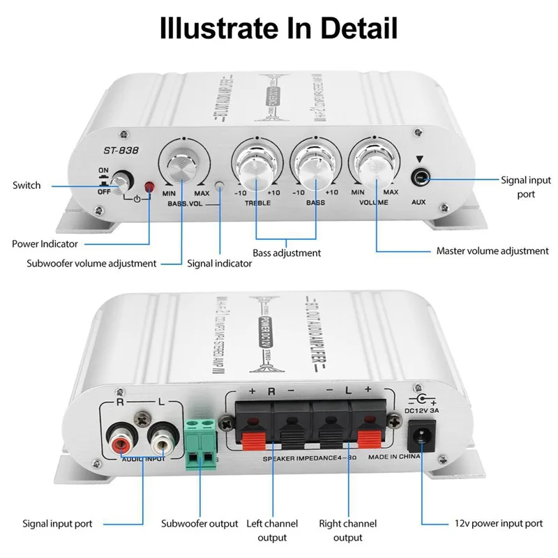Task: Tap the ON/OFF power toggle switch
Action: click(x=123, y=182)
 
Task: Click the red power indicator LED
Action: click(x=149, y=186)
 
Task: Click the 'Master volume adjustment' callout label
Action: click(x=492, y=251)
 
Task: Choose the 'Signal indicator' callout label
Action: click(x=220, y=264)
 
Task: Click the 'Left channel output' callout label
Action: click(x=273, y=530)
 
